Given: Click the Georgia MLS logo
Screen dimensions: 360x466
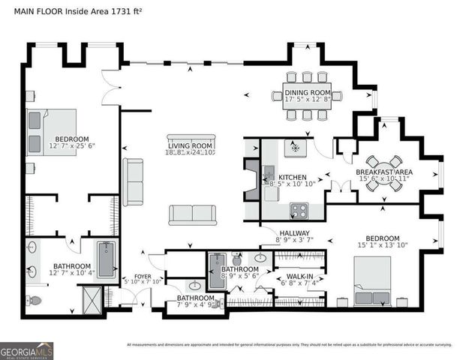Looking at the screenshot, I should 27,350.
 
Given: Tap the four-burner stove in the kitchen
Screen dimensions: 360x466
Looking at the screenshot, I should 298,211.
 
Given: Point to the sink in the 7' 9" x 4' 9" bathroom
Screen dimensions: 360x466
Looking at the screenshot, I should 195,286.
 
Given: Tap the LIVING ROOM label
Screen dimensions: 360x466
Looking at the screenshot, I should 191,145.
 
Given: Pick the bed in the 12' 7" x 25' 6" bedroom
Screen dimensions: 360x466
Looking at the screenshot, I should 50,130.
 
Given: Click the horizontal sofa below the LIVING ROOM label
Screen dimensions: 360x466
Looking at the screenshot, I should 193,214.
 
